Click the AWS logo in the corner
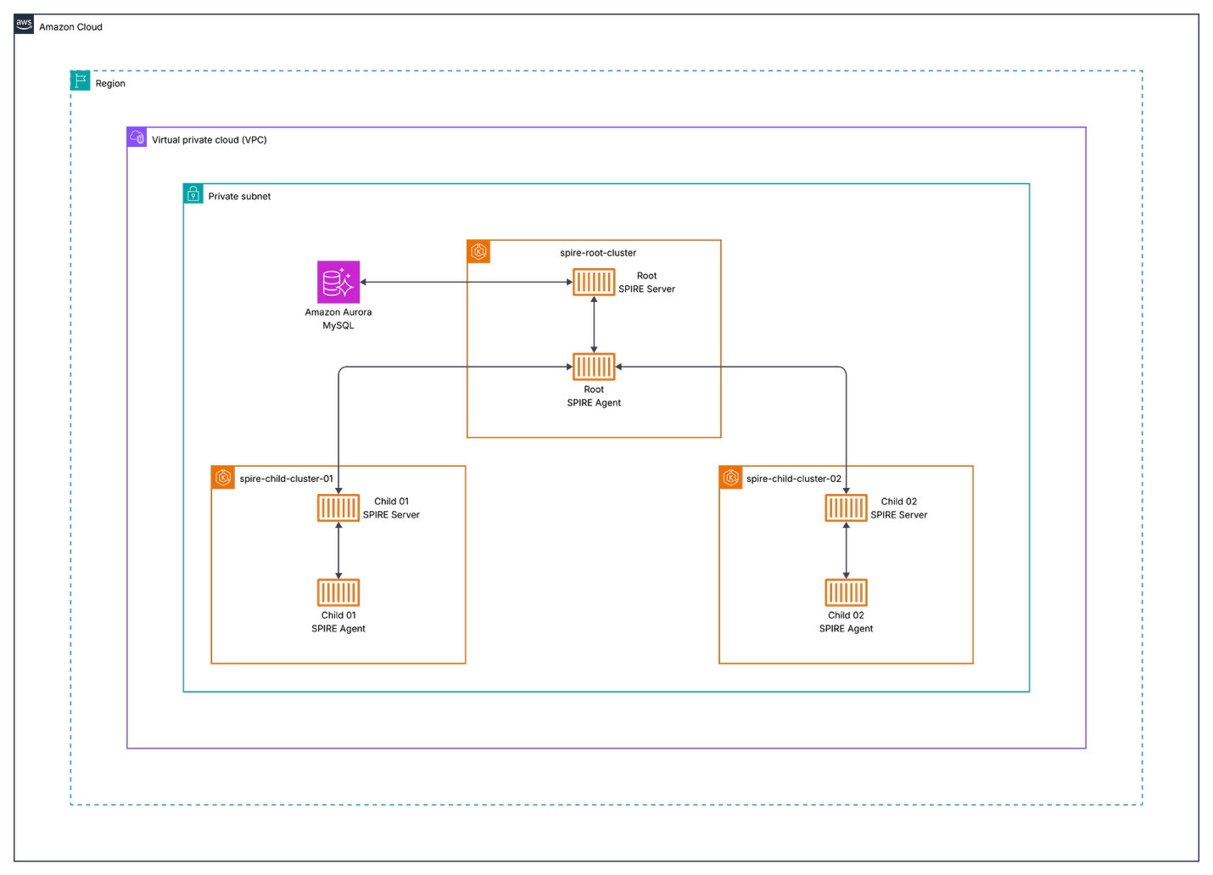[24, 24]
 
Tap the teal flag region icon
[81, 81]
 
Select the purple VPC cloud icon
[137, 137]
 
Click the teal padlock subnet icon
[193, 194]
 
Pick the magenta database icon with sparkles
[338, 282]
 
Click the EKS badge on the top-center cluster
[478, 251]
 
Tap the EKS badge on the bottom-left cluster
[223, 477]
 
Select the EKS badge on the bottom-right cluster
[730, 477]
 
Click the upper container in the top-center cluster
[594, 282]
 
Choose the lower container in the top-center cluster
[594, 367]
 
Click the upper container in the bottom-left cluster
[338, 508]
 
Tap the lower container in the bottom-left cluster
[338, 592]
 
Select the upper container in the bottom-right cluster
[846, 508]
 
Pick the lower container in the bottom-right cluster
[846, 592]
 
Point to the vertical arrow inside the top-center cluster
[594, 324]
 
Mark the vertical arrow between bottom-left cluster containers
[338, 550]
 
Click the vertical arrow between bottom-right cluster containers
[846, 550]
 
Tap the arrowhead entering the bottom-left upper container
[338, 490]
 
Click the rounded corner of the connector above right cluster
[843, 369]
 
